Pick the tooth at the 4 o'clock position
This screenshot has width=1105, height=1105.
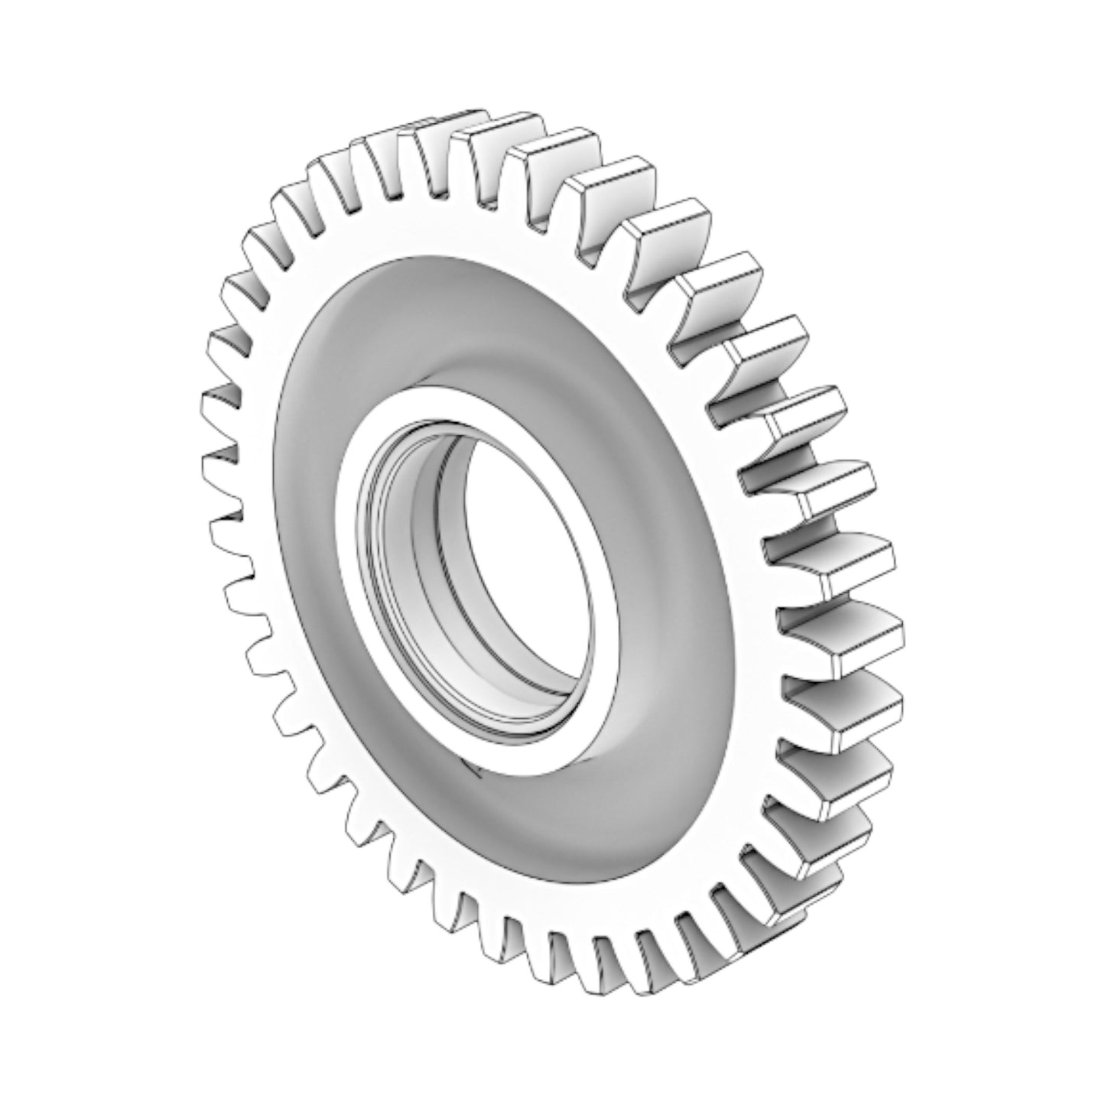856,711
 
